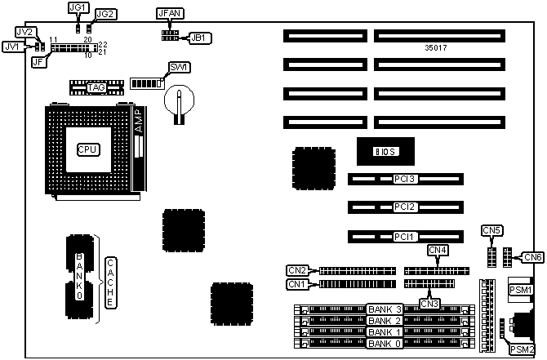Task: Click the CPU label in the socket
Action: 87,149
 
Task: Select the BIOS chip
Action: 385,152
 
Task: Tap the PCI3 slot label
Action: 406,179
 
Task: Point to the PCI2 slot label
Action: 406,207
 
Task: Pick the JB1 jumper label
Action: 199,38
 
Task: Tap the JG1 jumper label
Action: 78,7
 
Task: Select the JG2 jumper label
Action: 105,14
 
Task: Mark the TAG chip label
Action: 96,87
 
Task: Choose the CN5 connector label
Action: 492,231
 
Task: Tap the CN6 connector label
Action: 533,257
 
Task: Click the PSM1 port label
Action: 521,290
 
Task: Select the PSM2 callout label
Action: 523,349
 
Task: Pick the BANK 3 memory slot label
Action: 385,309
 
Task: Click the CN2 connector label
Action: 296,270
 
